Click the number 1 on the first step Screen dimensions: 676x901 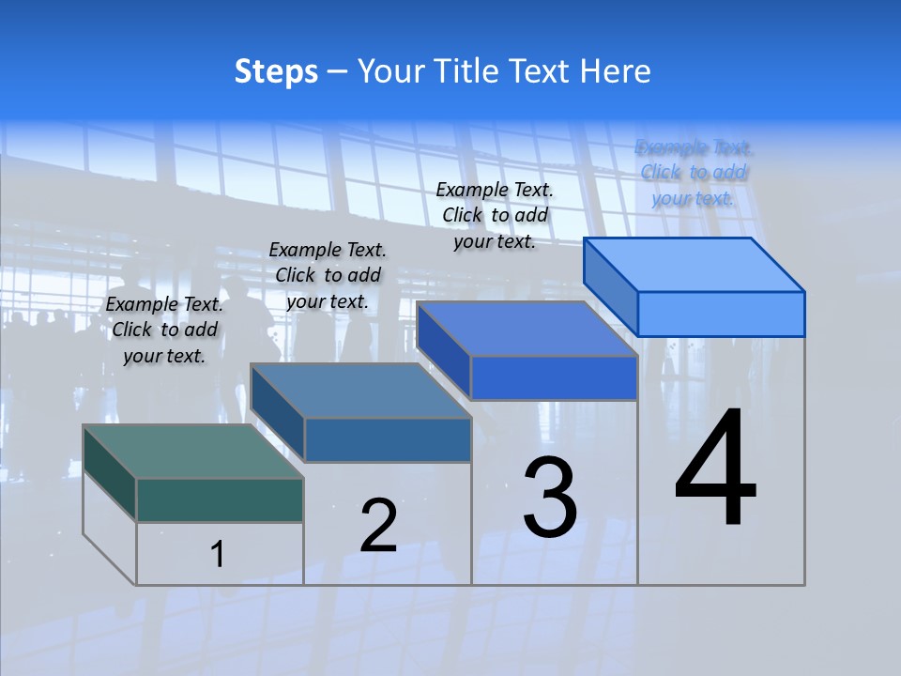218,554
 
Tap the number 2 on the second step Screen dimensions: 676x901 378,525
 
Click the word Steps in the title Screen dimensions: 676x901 276,71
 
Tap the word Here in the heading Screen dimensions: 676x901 616,71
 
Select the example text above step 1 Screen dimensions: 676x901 164,330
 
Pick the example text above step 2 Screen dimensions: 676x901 328,275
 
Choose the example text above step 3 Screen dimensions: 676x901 495,215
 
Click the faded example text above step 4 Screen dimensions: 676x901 694,173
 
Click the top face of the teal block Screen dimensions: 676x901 193,452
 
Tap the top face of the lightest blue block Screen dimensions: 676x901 695,264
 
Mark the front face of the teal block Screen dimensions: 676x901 220,499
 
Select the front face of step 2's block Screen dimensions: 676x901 388,439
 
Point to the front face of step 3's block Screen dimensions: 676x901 554,377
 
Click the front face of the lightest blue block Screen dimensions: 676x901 721,314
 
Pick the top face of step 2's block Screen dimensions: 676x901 360,391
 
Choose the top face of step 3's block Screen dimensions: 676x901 527,329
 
